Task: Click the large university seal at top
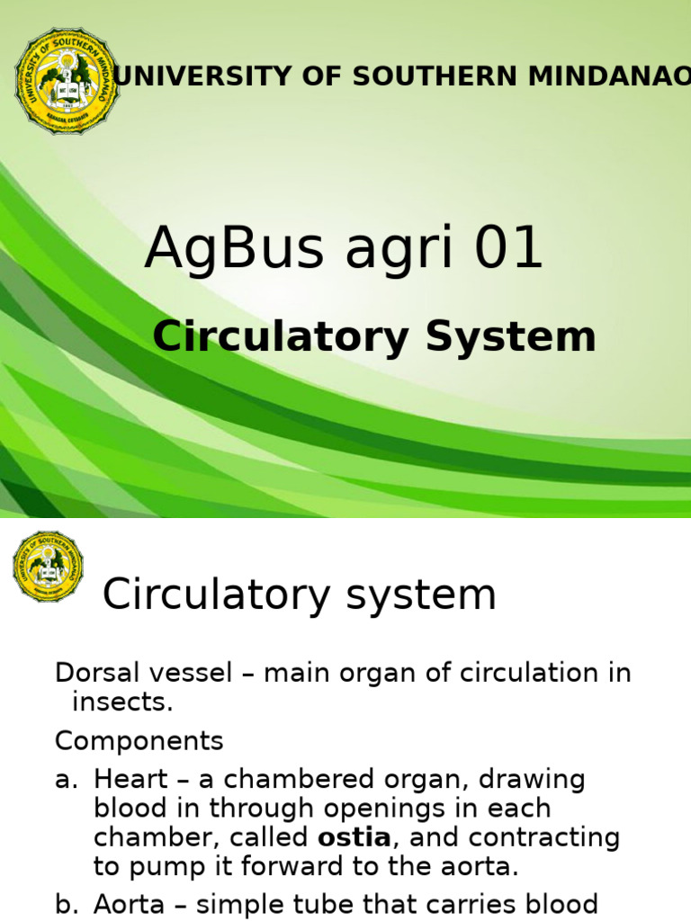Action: (x=67, y=81)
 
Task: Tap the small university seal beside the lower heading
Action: (x=48, y=566)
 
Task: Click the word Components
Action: (x=139, y=741)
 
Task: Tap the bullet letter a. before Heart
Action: (x=67, y=780)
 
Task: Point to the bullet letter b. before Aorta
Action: (x=67, y=905)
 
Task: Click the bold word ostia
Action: (x=354, y=838)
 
